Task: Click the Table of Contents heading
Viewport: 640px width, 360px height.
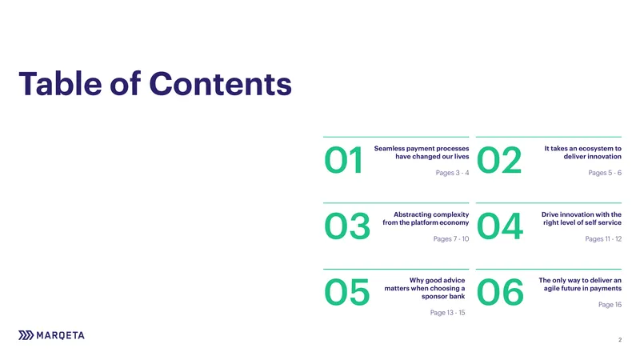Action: (x=155, y=84)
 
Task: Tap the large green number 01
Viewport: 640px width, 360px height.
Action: (x=344, y=160)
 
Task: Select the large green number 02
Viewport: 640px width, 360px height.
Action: (x=499, y=160)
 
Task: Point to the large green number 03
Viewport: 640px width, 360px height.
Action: (x=347, y=226)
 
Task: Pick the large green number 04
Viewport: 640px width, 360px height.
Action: (x=500, y=226)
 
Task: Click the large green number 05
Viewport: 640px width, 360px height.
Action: (x=347, y=292)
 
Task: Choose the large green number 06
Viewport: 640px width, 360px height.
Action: (x=500, y=292)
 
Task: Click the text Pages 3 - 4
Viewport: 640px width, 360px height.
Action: (x=452, y=173)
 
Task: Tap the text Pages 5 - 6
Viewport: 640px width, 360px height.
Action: (x=605, y=173)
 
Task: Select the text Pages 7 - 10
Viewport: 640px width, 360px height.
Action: (x=451, y=238)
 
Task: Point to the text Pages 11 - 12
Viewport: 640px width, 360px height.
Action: (x=603, y=238)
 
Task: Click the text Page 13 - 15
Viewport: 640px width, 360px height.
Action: (x=447, y=313)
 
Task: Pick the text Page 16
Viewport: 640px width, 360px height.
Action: (x=610, y=305)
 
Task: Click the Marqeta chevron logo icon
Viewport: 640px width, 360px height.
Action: (x=26, y=335)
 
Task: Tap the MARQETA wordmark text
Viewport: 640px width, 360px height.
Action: (x=61, y=335)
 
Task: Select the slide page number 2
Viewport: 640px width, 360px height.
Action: (x=620, y=339)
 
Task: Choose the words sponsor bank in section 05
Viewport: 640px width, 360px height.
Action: (x=443, y=296)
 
